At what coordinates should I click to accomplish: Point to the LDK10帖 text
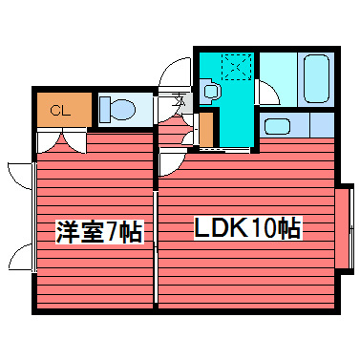coord(246,228)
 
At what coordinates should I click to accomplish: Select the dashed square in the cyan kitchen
coord(237,67)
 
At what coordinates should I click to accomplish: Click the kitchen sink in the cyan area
coord(211,93)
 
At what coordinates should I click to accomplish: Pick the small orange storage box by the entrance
coord(205,127)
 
